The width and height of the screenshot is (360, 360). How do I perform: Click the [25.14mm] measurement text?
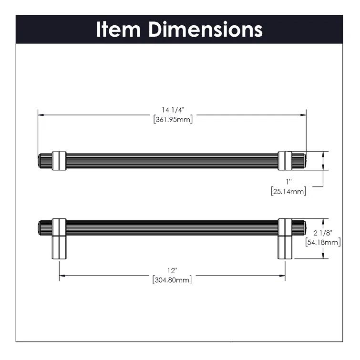288,191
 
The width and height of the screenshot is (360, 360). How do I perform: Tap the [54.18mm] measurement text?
322,243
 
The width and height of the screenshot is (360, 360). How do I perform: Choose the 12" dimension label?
172,271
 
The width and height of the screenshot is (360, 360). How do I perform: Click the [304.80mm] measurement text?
172,280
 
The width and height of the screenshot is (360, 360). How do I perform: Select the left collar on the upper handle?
59,160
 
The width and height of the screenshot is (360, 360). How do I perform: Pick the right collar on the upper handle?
285,160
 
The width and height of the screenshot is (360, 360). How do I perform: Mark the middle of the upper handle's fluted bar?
172,160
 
